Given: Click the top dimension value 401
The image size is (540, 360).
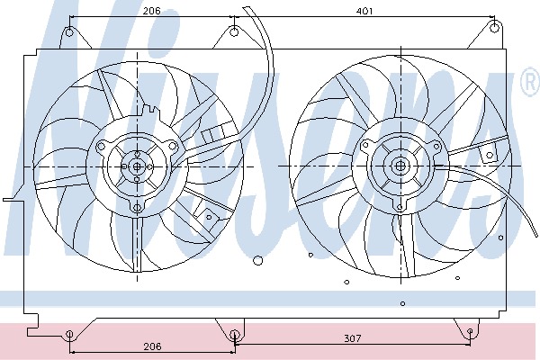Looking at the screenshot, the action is [364, 12].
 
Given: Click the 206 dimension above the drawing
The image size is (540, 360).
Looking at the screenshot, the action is [152, 11].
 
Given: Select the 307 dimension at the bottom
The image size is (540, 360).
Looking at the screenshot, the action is [353, 338].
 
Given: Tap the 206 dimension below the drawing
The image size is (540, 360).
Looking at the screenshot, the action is [152, 346].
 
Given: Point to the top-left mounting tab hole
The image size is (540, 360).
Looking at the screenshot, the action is [69, 32].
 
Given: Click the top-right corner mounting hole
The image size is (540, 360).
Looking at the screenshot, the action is [494, 28].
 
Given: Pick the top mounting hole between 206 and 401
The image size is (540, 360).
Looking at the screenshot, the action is [234, 32].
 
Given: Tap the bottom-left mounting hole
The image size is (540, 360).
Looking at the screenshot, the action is [69, 334].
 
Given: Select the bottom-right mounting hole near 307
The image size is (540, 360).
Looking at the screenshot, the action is [470, 331].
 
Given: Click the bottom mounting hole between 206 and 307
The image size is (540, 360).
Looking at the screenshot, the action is [234, 334].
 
